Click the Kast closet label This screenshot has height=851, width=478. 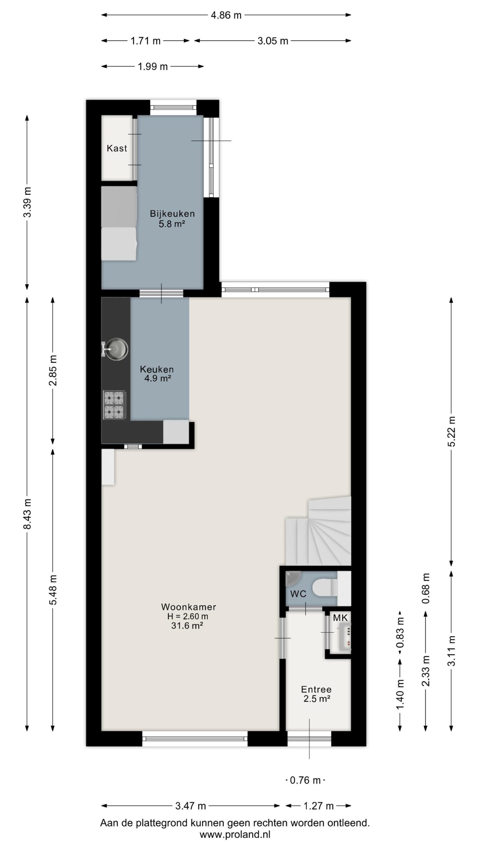click(117, 148)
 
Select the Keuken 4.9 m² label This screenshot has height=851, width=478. click(157, 373)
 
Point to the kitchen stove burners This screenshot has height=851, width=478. click(115, 405)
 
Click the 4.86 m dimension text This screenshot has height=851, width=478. click(226, 15)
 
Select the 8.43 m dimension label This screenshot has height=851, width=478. click(27, 514)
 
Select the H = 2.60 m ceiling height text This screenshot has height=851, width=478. click(188, 616)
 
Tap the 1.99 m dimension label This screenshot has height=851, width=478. click(153, 66)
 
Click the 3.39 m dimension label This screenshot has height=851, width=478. click(27, 202)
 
